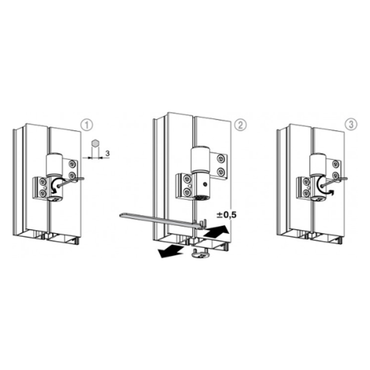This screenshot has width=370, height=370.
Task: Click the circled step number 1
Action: point(87,125)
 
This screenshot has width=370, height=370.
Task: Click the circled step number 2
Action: point(240,125)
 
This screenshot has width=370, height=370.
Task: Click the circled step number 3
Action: point(351,124)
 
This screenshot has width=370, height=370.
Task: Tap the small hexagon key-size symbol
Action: point(95,143)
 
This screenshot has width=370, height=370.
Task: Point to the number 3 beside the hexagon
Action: point(107,154)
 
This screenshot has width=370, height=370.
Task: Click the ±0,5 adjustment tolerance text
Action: point(226,215)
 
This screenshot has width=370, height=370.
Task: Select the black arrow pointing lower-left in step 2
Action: point(171,252)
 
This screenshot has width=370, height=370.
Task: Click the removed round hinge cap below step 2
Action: point(200,255)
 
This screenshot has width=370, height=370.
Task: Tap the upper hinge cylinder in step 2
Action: point(200,160)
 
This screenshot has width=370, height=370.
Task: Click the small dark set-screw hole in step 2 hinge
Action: point(205,184)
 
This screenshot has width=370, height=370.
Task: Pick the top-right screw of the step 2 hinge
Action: point(221,158)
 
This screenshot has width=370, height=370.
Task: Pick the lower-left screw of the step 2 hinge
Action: point(187,192)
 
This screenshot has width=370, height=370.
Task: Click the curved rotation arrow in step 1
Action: point(55,186)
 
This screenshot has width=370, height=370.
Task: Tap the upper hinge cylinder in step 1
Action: point(54,165)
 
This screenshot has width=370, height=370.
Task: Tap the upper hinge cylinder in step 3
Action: point(318,165)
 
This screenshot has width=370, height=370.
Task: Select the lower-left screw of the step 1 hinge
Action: point(43,194)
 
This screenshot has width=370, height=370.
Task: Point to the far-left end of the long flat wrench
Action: point(120,215)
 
